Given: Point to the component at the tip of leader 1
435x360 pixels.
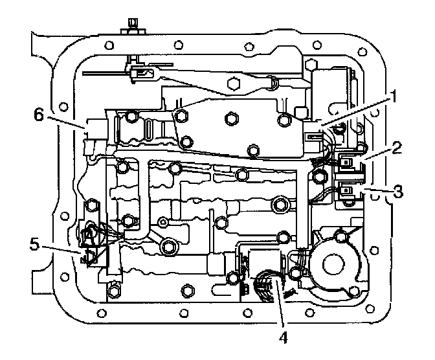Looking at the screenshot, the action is click(x=315, y=135).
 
